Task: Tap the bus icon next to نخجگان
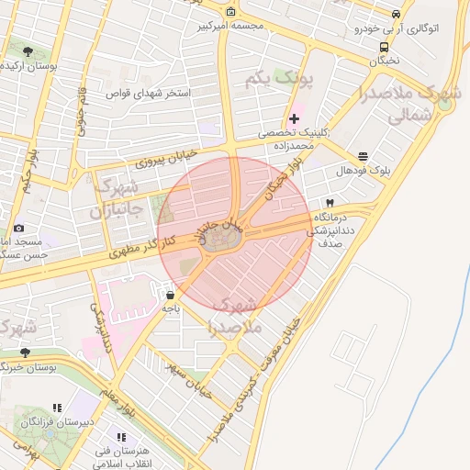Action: [384, 47]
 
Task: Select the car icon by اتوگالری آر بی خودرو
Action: [396, 15]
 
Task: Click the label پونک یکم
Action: [280, 81]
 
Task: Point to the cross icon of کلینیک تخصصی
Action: [294, 118]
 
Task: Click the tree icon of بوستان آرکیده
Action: [28, 51]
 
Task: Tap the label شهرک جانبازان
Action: [114, 199]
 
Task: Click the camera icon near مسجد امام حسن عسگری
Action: [19, 227]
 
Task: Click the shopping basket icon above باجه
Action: [171, 296]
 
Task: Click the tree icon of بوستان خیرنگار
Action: [25, 352]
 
